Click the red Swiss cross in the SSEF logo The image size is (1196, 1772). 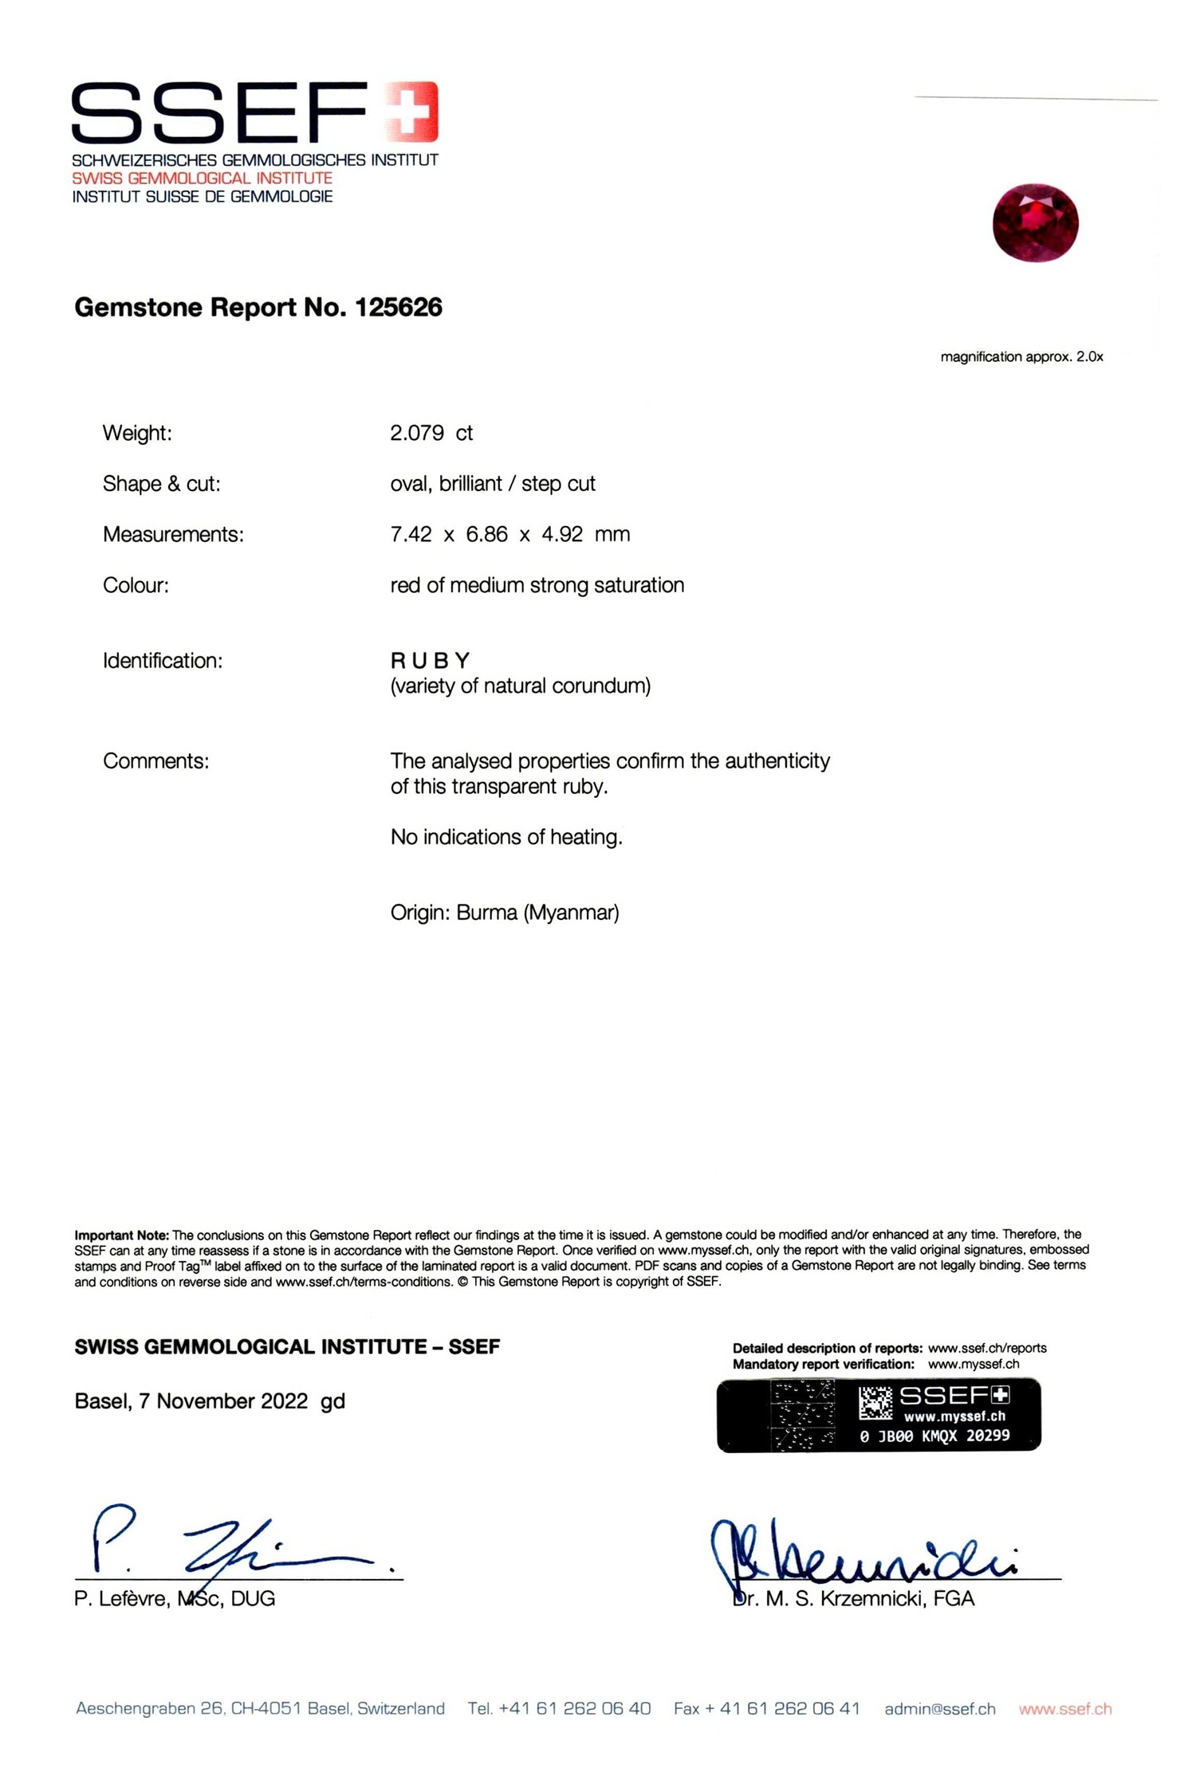click(x=411, y=112)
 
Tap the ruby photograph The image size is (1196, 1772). click(x=1035, y=222)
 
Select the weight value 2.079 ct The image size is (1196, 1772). click(x=431, y=433)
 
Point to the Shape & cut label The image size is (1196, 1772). click(x=161, y=484)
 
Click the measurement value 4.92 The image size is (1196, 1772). click(x=562, y=534)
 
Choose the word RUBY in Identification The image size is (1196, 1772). click(x=431, y=660)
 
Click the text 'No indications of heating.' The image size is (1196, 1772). click(x=506, y=837)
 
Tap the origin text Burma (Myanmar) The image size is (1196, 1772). click(x=537, y=912)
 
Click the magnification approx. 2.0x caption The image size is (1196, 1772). click(x=1021, y=356)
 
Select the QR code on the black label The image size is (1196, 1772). click(x=875, y=1403)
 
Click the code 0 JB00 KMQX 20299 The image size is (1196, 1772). click(x=934, y=1436)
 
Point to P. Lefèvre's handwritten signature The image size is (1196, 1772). click(x=231, y=1547)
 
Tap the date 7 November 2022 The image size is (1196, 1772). click(x=223, y=1401)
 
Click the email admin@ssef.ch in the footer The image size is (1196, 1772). click(x=939, y=1708)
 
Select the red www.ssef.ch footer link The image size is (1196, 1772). click(x=1064, y=1708)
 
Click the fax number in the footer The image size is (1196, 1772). click(x=766, y=1708)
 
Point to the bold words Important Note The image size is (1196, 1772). click(x=121, y=1235)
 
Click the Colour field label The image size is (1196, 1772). click(x=136, y=585)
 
